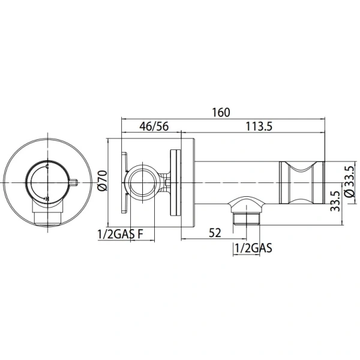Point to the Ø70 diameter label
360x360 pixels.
101,180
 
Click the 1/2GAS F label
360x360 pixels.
120,234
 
